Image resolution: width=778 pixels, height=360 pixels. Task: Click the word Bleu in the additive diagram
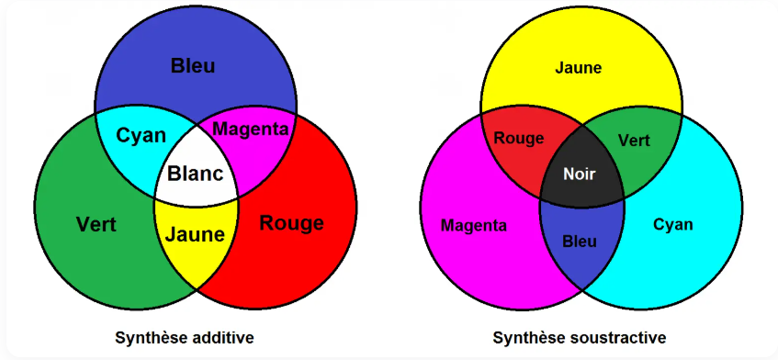[x=193, y=65]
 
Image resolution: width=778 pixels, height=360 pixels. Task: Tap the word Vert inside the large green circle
[x=96, y=224]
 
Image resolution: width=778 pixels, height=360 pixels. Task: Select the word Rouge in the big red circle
[x=291, y=223]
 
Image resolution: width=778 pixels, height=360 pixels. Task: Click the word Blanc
[x=195, y=174]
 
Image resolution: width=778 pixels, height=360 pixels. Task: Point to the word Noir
[x=580, y=174]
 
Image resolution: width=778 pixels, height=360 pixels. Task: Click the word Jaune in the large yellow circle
[x=579, y=67]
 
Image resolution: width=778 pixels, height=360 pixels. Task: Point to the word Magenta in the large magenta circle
[x=474, y=225]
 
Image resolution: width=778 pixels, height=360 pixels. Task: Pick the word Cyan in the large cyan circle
[x=672, y=225]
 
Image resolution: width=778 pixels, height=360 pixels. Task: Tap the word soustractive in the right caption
[x=616, y=338]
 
